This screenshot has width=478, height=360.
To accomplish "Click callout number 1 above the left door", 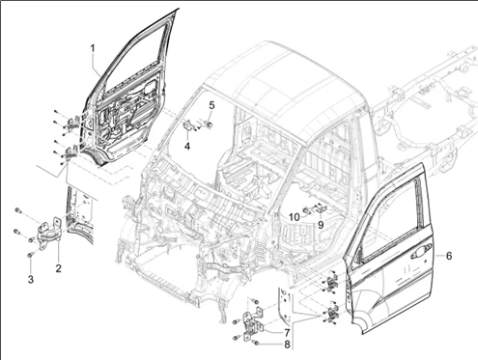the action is coord(93,49).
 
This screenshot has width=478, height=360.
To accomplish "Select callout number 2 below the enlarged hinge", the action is coord(58,268).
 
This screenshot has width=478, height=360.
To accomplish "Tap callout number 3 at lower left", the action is coord(30,279).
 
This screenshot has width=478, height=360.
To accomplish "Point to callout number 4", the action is coord(187,147).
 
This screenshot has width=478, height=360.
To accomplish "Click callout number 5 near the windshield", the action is coord(211,105).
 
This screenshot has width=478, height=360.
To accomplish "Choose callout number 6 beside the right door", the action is coord(449,256).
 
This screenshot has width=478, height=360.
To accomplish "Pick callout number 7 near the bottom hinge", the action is coord(287,332).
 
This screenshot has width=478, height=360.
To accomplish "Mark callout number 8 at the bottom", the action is coord(287,345).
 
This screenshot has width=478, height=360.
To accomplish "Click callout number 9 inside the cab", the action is coord(321,225).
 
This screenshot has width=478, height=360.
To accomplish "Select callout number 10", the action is coord(294,217).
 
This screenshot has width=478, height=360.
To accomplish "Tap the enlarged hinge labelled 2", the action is coord(49,233).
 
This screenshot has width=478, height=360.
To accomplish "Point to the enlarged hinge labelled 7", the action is coord(254,325).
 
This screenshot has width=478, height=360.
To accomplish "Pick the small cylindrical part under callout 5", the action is coord(210,124).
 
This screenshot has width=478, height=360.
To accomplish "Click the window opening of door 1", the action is coord(137,62).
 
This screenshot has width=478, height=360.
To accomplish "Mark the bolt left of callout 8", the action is coord(235,338).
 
